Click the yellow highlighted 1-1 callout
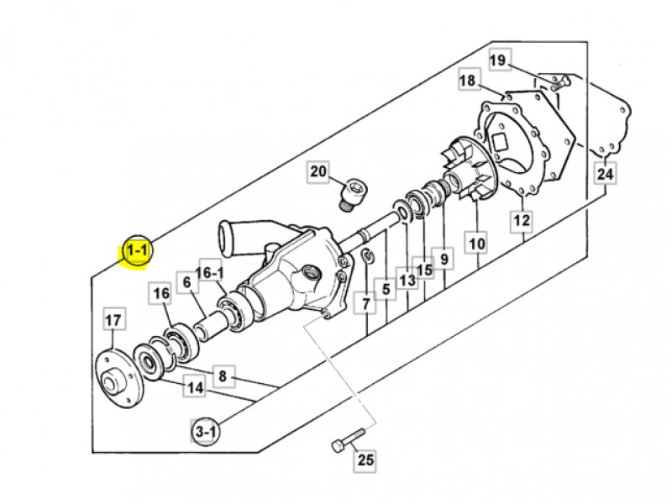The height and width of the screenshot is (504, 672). [x=137, y=250]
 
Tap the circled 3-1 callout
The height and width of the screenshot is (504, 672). [x=205, y=431]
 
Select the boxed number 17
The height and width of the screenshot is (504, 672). [x=113, y=320]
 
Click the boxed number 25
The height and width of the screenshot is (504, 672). [x=365, y=459]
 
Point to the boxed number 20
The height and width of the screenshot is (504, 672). [x=318, y=172]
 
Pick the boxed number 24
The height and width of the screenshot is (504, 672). [x=605, y=174]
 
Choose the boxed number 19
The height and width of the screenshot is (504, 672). [x=498, y=60]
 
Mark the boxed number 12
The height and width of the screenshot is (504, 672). [x=522, y=220]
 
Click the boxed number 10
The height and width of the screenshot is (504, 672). [x=477, y=244]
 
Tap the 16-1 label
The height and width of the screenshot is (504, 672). [x=209, y=272]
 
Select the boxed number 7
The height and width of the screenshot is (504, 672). [x=365, y=304]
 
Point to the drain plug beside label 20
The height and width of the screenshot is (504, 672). [x=353, y=194]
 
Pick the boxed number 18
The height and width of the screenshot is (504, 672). [x=469, y=80]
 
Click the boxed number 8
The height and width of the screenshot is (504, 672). [x=222, y=376]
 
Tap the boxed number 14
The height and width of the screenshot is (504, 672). [x=195, y=388]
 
